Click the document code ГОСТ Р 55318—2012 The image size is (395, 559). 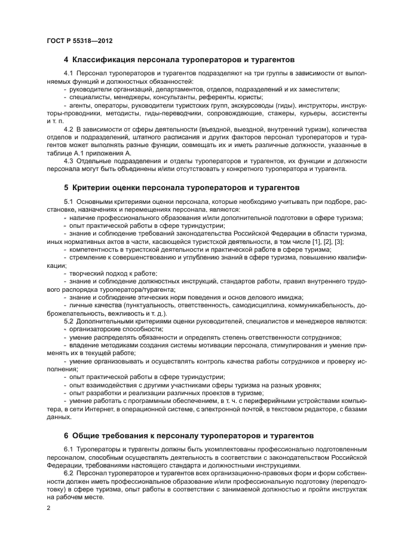click(x=79, y=40)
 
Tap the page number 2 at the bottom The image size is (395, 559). click(x=48, y=508)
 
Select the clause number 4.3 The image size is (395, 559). click(x=68, y=160)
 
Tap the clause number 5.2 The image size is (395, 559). click(x=68, y=321)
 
